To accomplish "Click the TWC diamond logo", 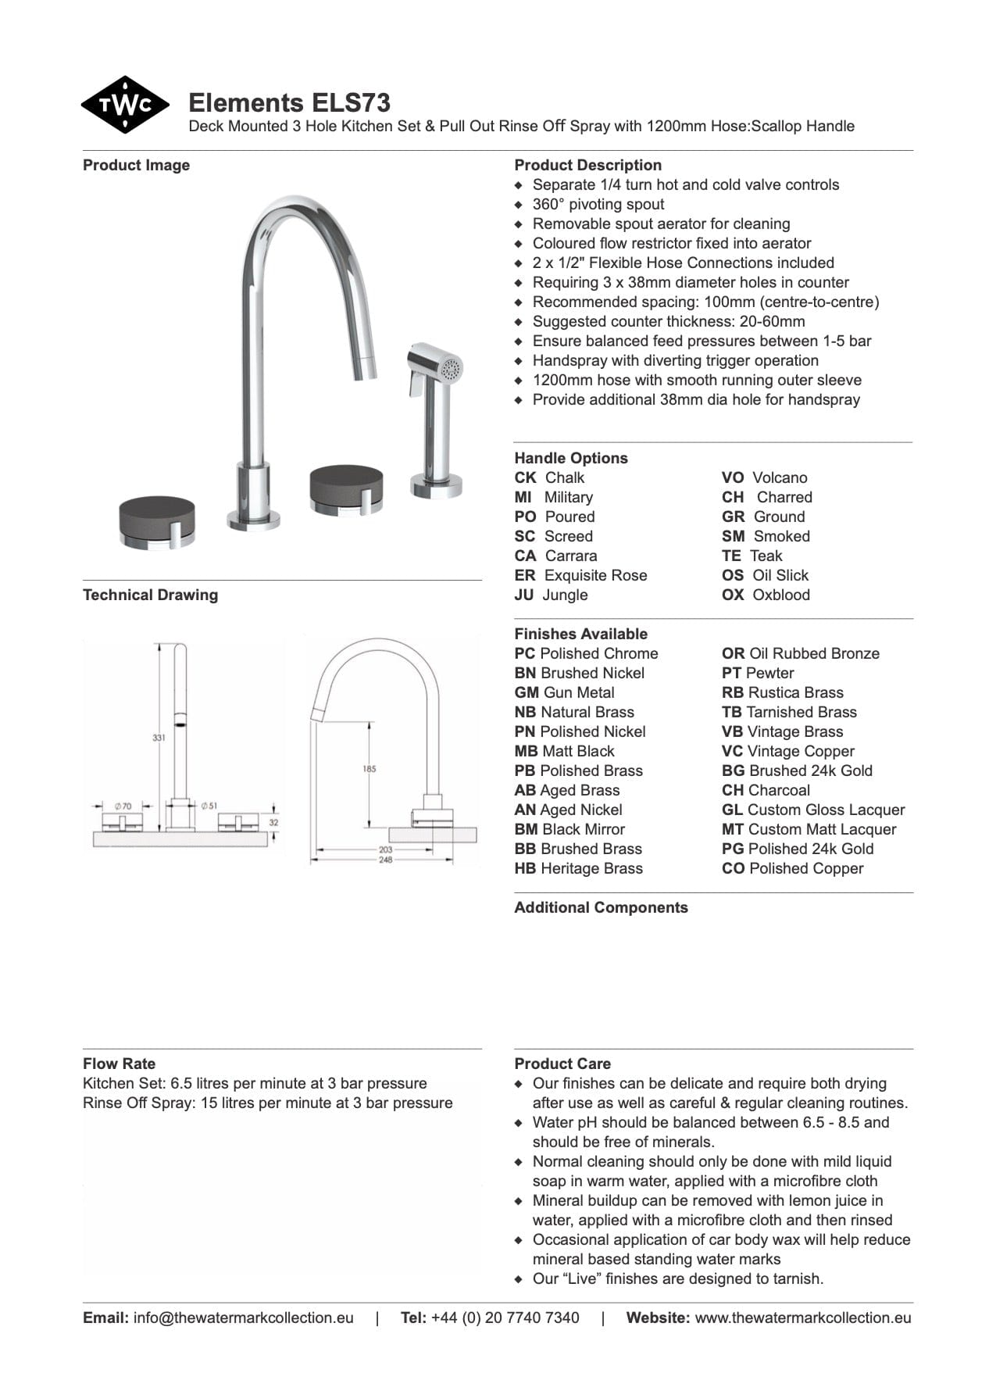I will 124,105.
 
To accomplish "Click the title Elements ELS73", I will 289,103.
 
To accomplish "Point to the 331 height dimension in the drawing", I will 159,738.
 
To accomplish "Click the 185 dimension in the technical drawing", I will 369,769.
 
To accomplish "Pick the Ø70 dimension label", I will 123,805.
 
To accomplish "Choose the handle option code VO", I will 733,477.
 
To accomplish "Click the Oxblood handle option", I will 780,595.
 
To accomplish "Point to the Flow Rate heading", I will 119,1064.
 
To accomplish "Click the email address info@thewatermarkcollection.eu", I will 243,1318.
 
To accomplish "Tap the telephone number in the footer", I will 505,1318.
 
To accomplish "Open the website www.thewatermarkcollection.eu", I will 802,1318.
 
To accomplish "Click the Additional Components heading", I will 601,907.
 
